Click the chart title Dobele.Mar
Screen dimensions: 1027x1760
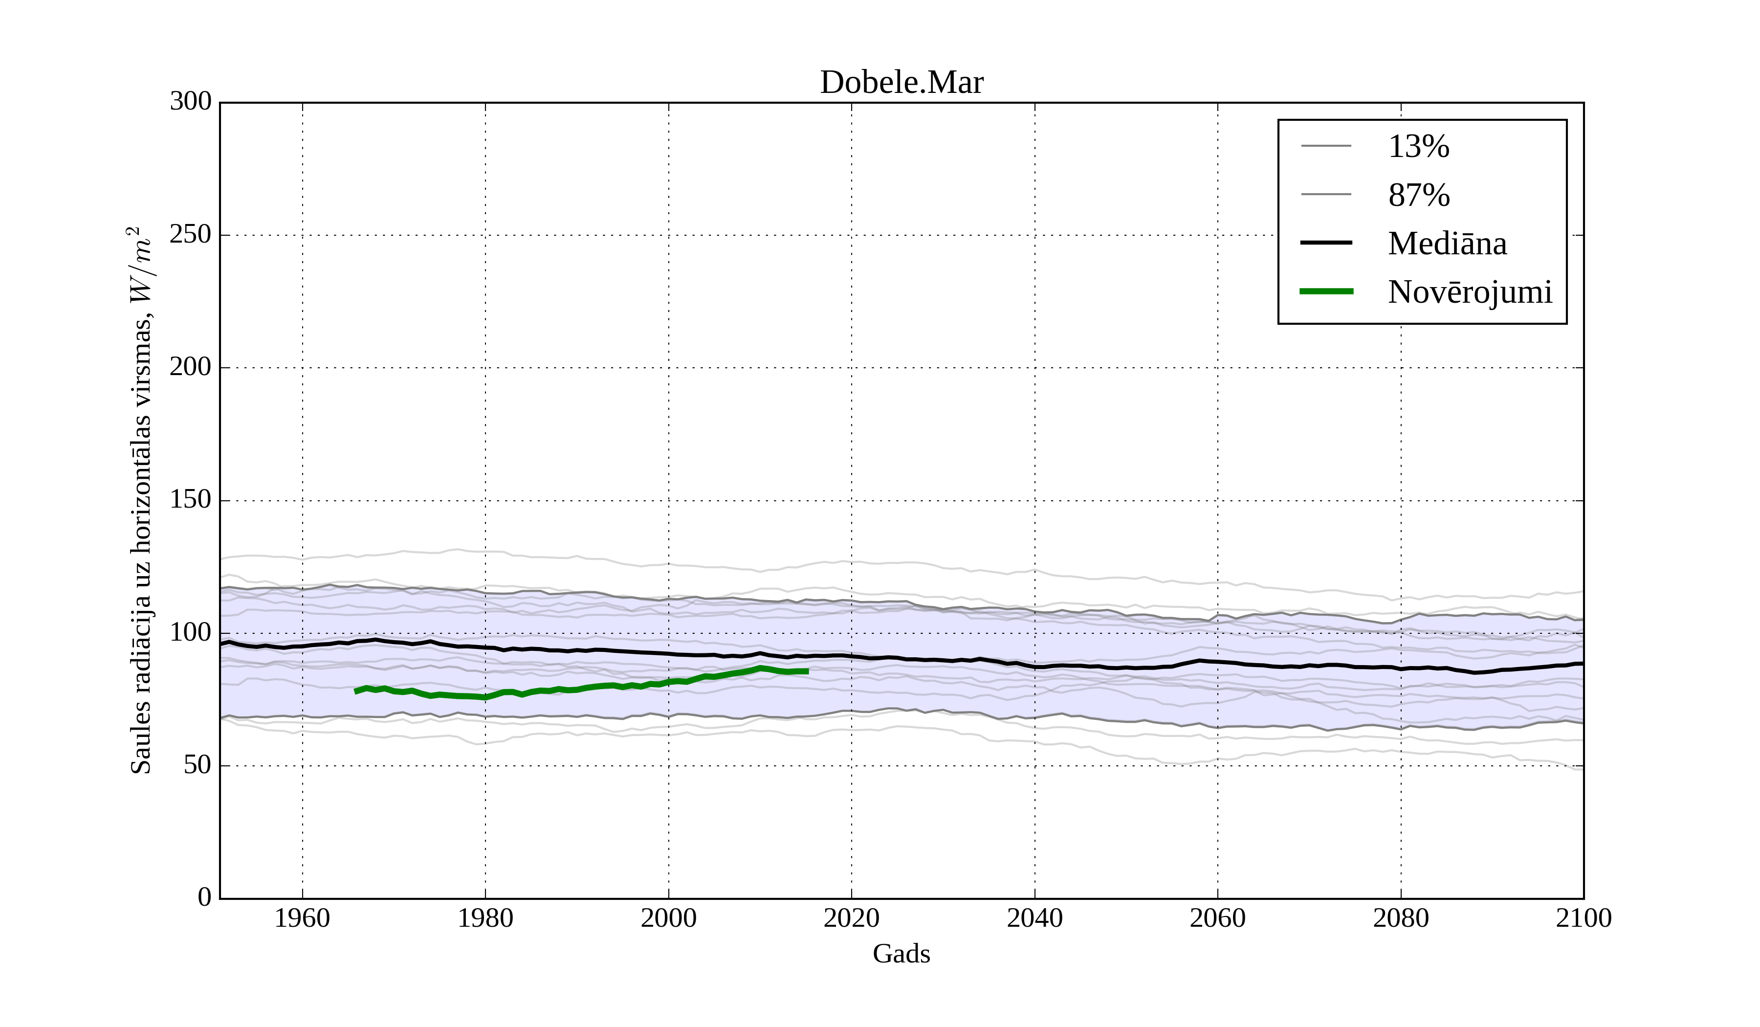tap(901, 83)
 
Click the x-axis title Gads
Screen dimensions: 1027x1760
tap(901, 954)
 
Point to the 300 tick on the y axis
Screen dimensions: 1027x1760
tap(191, 101)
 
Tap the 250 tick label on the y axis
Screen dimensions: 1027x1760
tap(191, 234)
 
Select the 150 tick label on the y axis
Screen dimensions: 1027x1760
tap(191, 499)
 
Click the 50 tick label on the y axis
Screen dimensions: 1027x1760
tap(198, 765)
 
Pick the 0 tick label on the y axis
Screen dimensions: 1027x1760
tap(205, 897)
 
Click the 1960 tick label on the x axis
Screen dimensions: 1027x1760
tap(302, 918)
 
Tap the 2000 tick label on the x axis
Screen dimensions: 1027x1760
tap(668, 918)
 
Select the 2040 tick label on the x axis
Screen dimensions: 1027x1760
tap(1034, 918)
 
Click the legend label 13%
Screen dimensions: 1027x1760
tap(1418, 147)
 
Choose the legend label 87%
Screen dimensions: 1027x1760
tap(1418, 195)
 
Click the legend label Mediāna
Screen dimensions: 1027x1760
tap(1447, 243)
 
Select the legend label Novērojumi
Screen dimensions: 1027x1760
tap(1470, 292)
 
